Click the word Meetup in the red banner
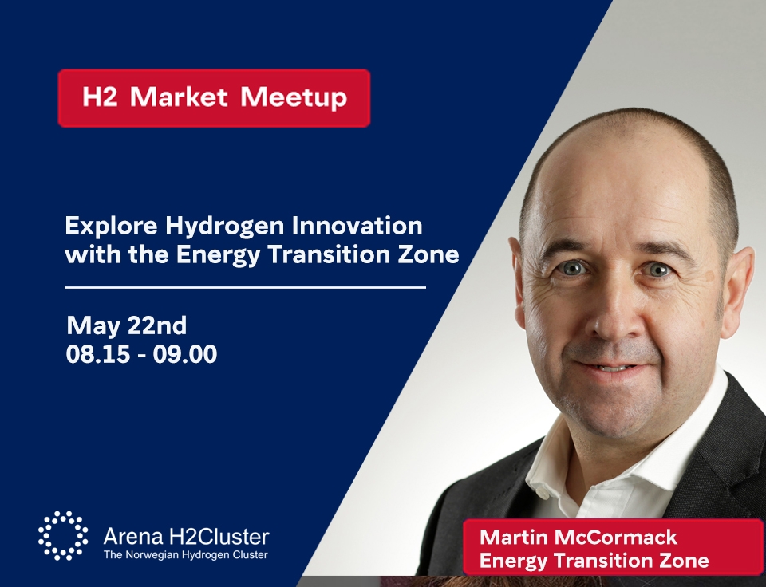coord(294,97)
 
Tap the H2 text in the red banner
coord(100,97)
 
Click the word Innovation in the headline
coord(357,226)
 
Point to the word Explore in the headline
coord(112,227)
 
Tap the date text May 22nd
coord(127,325)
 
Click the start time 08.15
coord(98,354)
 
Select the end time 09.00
coord(184,354)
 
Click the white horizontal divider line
coord(245,288)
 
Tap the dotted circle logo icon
coord(63,536)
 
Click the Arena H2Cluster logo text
coord(186,537)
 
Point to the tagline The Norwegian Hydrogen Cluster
coord(186,555)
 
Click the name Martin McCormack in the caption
coord(578,538)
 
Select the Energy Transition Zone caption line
coord(594,560)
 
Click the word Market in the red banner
coord(179,97)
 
